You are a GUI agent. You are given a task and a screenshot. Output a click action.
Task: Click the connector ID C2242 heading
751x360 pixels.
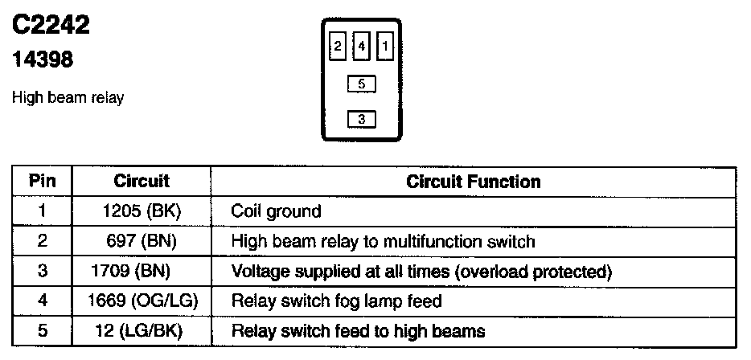50,27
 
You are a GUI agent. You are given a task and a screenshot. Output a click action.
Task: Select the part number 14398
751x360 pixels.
43,59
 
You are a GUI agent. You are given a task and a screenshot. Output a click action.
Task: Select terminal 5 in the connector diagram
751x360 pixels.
362,83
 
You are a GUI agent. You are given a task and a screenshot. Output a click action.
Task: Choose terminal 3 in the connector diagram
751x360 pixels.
362,119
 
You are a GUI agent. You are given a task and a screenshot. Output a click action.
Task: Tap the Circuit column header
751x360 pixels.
142,182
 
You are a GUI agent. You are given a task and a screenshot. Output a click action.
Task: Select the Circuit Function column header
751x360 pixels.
474,182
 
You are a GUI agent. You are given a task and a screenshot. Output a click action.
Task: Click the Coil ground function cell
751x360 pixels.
276,211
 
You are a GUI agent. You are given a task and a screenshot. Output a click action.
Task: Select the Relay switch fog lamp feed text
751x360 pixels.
336,301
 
